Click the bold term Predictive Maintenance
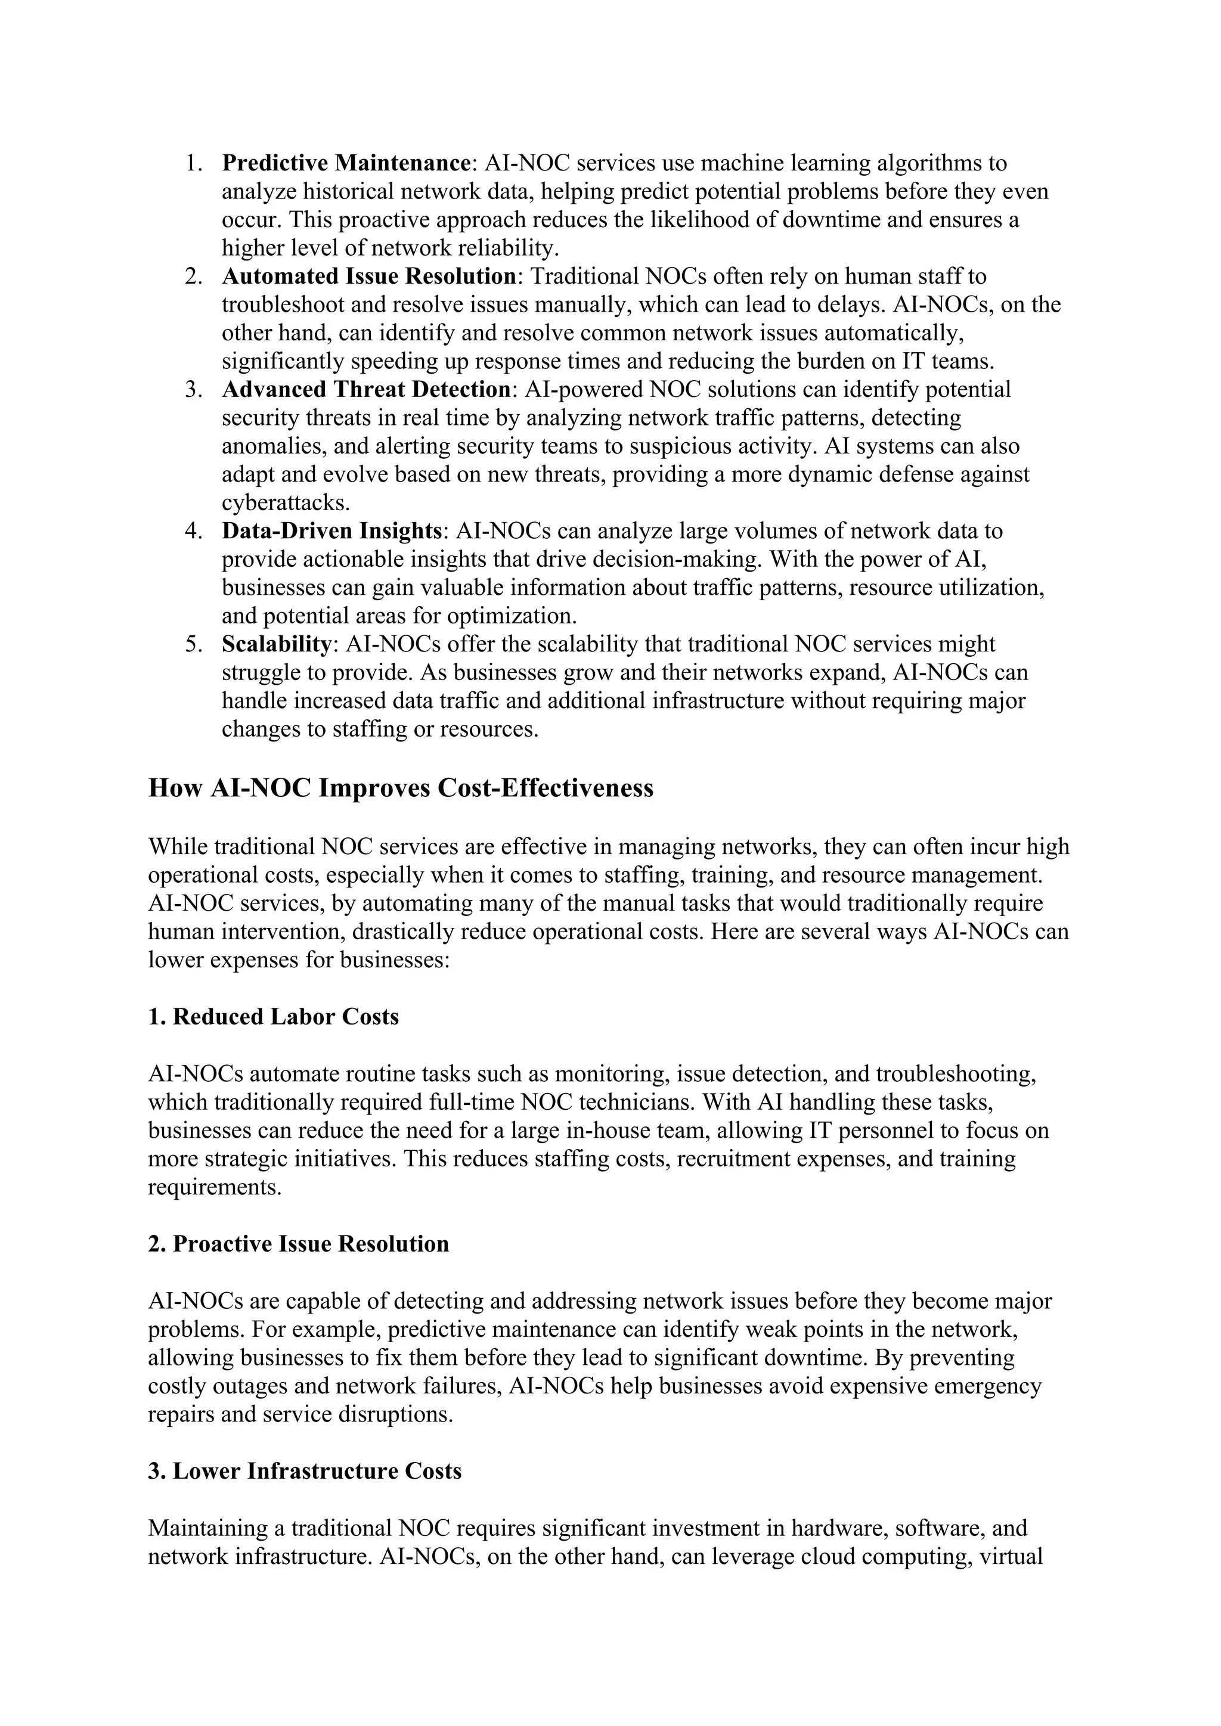pos(346,163)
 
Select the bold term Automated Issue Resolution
pos(368,277)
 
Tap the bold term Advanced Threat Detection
pos(366,389)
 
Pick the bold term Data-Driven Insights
pos(331,530)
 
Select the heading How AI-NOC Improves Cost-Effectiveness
pos(401,788)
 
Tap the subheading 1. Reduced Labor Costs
pos(274,1016)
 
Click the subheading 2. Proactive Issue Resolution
pos(299,1243)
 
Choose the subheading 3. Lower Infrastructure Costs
pos(305,1470)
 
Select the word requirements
pos(213,1187)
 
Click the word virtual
pos(1008,1556)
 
